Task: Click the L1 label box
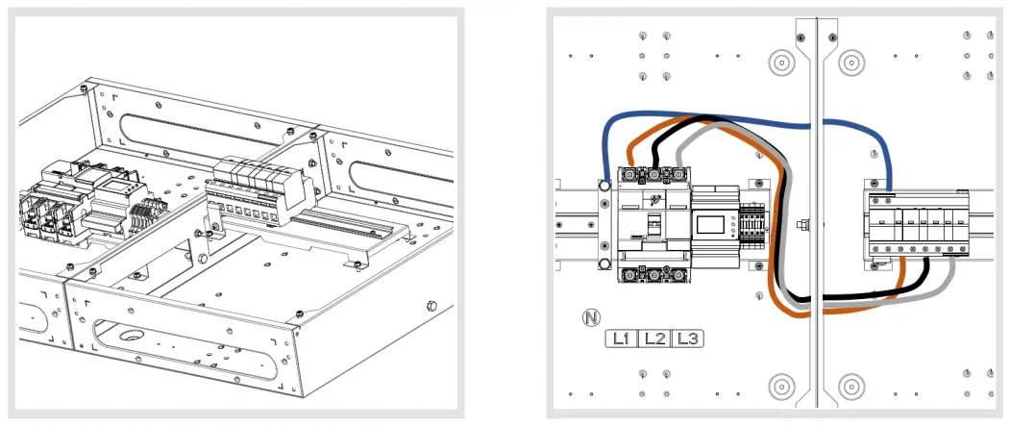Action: pyautogui.click(x=620, y=338)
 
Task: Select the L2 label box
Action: pyautogui.click(x=653, y=338)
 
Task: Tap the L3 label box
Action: pyautogui.click(x=686, y=338)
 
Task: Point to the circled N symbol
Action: pyautogui.click(x=591, y=316)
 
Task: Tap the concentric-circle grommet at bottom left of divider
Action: pyautogui.click(x=781, y=387)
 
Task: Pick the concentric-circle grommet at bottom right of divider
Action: pyautogui.click(x=850, y=387)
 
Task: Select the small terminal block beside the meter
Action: pyautogui.click(x=751, y=229)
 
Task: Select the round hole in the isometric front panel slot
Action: pyautogui.click(x=130, y=337)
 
